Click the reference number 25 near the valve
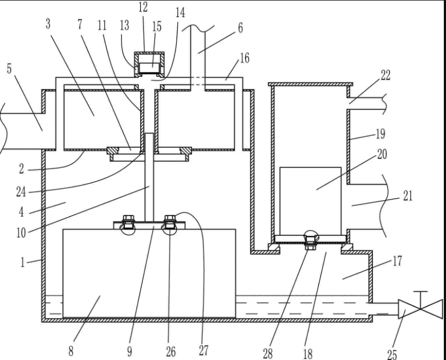pyautogui.click(x=392, y=354)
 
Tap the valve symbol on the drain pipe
pyautogui.click(x=420, y=309)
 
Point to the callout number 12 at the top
pyautogui.click(x=143, y=7)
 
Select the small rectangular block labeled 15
pyautogui.click(x=149, y=68)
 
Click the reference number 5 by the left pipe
pyautogui.click(x=9, y=69)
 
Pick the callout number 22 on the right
pyautogui.click(x=385, y=75)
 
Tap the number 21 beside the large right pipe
pyautogui.click(x=408, y=196)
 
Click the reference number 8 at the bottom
pyautogui.click(x=71, y=351)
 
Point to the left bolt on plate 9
pyautogui.click(x=128, y=222)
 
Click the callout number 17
pyautogui.click(x=397, y=261)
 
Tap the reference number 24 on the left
pyautogui.click(x=21, y=192)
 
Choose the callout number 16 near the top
pyautogui.click(x=245, y=58)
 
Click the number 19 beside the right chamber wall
pyautogui.click(x=381, y=134)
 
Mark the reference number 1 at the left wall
pyautogui.click(x=22, y=262)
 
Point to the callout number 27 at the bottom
pyautogui.click(x=204, y=351)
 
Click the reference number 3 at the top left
pyautogui.click(x=48, y=24)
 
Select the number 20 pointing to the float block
pyautogui.click(x=382, y=154)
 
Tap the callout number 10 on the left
pyautogui.click(x=21, y=233)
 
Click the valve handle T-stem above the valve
pyautogui.click(x=420, y=299)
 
